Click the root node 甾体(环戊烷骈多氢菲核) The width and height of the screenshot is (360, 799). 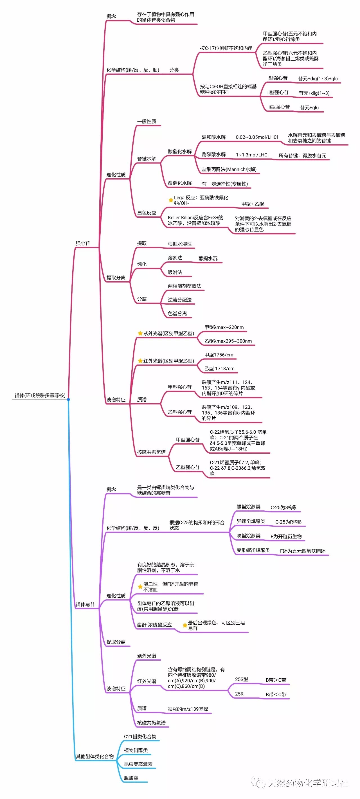pos(40,395)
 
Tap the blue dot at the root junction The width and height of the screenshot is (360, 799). pos(69,399)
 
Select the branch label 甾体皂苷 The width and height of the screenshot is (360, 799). pos(85,604)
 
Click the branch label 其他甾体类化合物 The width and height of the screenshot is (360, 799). pos(94,756)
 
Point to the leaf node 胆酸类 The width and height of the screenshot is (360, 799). pos(131,778)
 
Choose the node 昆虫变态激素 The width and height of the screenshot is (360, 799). pos(138,764)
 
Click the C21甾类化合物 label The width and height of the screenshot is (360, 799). pos(140,736)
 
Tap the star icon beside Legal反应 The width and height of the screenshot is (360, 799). pos(170,200)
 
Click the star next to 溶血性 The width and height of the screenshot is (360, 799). pos(140,587)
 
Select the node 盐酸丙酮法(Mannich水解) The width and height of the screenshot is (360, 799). pos(229,169)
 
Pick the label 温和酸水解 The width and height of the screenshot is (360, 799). pos(214,137)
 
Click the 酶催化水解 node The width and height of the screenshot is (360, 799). pos(179,183)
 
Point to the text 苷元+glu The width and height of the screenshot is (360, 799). pos(309,108)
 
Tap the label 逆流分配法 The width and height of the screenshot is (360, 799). pos(179,300)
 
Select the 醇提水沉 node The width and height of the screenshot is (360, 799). pos(208,258)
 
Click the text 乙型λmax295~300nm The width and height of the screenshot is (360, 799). pos(228,341)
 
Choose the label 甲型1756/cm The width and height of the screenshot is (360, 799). pos(219,355)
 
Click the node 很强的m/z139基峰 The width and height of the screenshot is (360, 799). pos(188,709)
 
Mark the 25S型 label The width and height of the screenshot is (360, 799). pos(241,679)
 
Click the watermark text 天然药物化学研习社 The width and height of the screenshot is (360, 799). pos(308,783)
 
